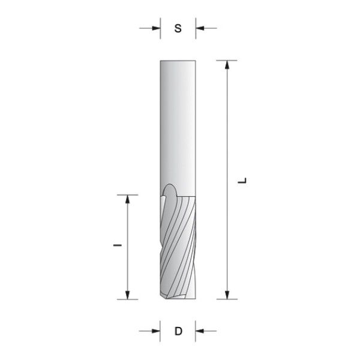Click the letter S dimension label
pyautogui.click(x=178, y=28)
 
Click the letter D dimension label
pyautogui.click(x=178, y=331)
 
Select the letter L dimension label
pyautogui.click(x=242, y=180)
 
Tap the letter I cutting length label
pyautogui.click(x=118, y=245)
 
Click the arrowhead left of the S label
pyautogui.click(x=157, y=28)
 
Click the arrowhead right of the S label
pyautogui.click(x=200, y=28)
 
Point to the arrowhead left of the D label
pyautogui.click(x=156, y=331)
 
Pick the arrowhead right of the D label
pyautogui.click(x=200, y=331)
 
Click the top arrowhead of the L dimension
pyautogui.click(x=227, y=65)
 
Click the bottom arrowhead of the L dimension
pyautogui.click(x=227, y=295)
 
